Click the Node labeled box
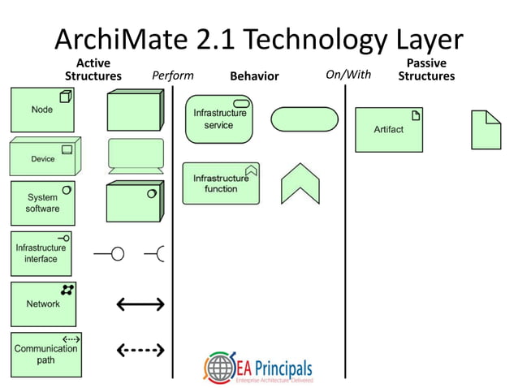click(42, 110)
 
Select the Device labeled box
click(42, 156)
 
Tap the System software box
click(42, 202)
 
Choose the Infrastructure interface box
click(42, 252)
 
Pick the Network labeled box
click(42, 303)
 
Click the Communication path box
click(45, 354)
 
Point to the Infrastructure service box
click(218, 119)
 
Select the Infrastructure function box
click(221, 183)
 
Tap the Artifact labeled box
click(388, 129)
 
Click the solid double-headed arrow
click(140, 304)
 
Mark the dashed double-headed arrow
click(140, 351)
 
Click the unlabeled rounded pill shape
click(304, 119)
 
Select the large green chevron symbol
click(300, 184)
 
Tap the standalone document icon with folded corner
click(486, 129)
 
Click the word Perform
click(173, 75)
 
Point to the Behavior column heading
click(254, 76)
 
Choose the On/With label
click(347, 75)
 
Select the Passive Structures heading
click(425, 70)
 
